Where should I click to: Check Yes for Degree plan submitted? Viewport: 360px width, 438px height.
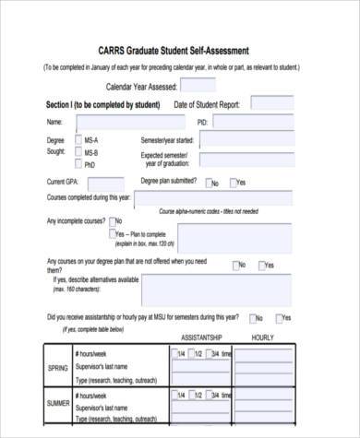(234, 183)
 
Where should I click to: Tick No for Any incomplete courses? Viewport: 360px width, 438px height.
(113, 221)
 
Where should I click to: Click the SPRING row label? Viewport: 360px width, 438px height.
(57, 368)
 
